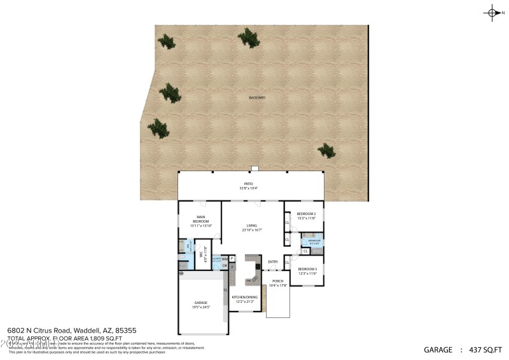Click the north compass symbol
(x=492, y=12)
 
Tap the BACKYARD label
(x=257, y=97)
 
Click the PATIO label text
(x=249, y=184)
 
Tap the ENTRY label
(x=273, y=261)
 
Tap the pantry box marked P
(x=232, y=258)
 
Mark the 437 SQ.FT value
(x=484, y=350)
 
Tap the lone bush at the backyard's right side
(x=326, y=151)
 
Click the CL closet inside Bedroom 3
(x=288, y=262)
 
